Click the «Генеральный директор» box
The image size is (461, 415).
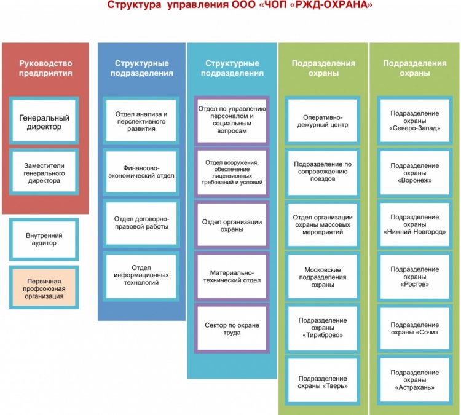coord(44,122)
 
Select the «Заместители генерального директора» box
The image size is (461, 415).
coord(44,173)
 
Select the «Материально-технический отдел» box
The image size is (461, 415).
coord(232,275)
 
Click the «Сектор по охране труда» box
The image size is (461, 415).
coord(232,328)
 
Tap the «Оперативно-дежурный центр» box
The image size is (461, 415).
coord(323,121)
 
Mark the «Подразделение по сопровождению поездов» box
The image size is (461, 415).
coord(323,172)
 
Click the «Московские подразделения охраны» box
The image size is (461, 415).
coord(323,277)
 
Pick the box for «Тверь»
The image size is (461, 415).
coord(323,382)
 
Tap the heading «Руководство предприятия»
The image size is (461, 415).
coord(45,68)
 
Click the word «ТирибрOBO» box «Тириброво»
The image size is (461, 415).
coord(323,336)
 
